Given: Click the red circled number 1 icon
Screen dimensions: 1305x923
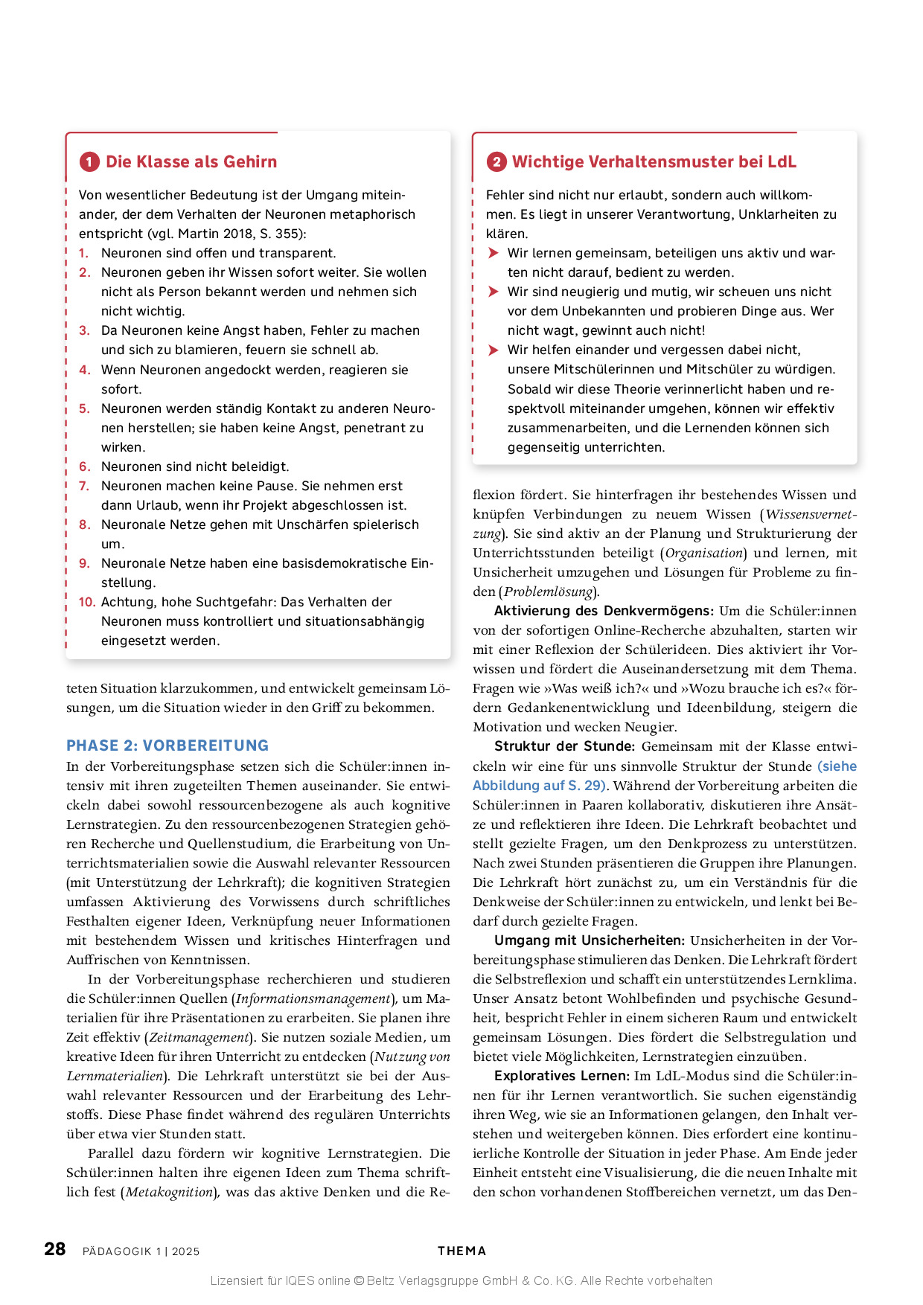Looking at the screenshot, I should coord(89,162).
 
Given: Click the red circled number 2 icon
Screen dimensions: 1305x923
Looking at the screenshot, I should coord(496,162).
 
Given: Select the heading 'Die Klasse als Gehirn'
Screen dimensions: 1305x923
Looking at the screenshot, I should coord(191,162).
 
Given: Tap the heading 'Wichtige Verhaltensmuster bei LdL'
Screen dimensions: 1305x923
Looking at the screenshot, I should coord(654,162).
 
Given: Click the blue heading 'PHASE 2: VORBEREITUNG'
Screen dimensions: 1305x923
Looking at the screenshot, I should coord(167,746).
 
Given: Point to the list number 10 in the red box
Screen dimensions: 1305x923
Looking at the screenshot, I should coord(87,602).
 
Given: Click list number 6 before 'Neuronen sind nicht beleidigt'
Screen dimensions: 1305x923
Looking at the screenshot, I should coord(85,466).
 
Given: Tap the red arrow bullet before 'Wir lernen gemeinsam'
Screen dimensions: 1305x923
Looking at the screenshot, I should coord(493,253).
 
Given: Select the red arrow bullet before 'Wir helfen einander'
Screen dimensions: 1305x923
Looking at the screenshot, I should coord(493,350).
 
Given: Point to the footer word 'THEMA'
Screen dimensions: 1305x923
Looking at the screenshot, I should coord(461,1251).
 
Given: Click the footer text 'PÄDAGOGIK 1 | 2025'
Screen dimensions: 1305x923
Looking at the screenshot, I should coord(141,1251).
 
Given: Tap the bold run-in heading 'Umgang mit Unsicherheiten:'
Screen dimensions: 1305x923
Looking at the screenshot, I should coord(589,940).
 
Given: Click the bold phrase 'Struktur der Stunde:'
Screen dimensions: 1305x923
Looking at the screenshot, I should coord(564,746).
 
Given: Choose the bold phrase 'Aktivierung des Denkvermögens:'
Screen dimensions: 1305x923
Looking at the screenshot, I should coord(604,611).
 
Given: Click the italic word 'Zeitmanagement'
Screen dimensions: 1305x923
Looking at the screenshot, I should coord(199,1037).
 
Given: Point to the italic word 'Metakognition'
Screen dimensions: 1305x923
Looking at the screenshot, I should coord(169,1192).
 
